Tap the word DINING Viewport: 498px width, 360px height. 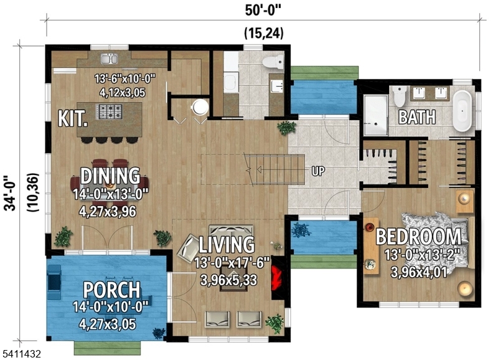[x=110, y=176]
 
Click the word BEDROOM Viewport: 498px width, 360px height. [x=419, y=237]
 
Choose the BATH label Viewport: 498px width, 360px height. [x=416, y=116]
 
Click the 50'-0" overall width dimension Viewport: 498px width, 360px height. [x=263, y=9]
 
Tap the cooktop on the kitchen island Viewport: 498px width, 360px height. [x=111, y=111]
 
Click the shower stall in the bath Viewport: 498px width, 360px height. [x=375, y=116]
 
